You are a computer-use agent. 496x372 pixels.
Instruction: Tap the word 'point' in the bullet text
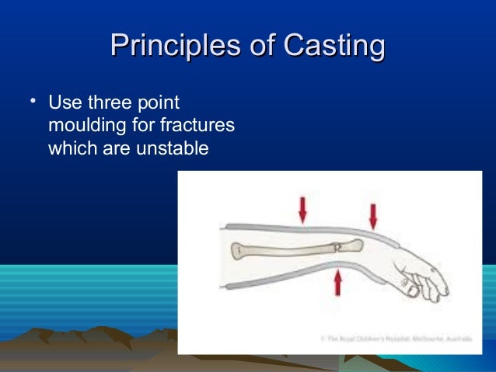[x=161, y=103]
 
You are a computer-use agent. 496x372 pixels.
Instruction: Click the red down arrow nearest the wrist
[x=372, y=214]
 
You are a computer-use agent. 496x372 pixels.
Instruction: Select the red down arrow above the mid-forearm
[x=302, y=207]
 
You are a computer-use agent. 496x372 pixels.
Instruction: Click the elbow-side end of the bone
[x=237, y=250]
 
